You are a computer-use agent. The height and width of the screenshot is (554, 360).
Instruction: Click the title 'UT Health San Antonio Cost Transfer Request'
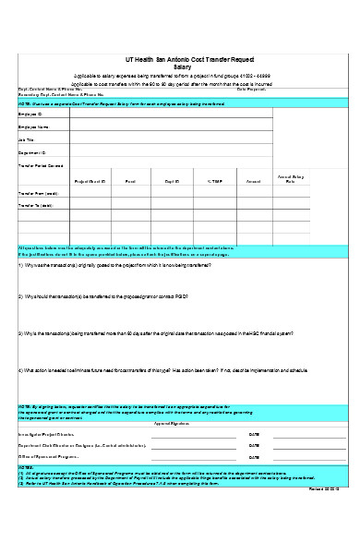point(182,57)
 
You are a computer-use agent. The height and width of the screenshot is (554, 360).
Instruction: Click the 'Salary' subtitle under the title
point(182,65)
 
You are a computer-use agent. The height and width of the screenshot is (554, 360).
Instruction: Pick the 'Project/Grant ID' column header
point(90,182)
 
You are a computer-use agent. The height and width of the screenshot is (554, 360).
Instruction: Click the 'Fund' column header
point(130,182)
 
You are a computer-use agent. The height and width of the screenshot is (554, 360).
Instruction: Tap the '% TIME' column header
point(214,182)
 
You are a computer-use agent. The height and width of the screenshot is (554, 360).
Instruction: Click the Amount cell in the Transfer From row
point(254,194)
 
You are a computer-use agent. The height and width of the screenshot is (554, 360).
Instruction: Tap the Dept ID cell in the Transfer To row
point(172,206)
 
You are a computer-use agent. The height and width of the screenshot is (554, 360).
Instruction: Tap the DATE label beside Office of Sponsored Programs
point(254,456)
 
